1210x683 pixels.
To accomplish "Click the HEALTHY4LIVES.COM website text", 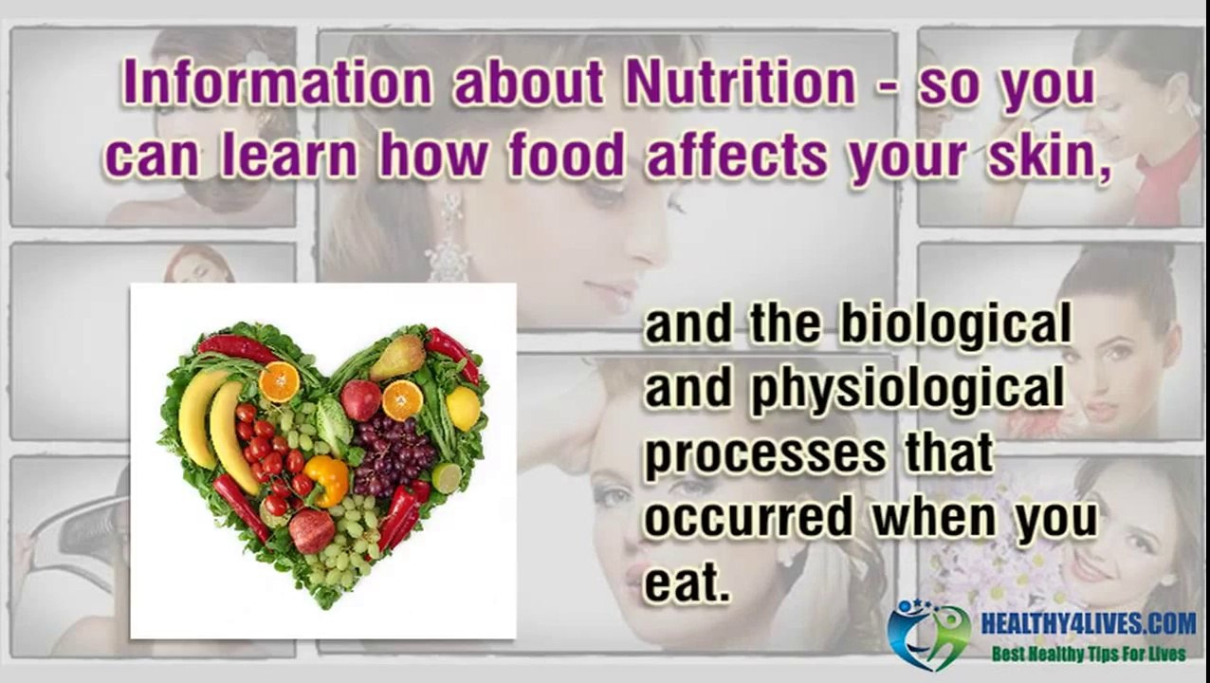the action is pyautogui.click(x=1088, y=623).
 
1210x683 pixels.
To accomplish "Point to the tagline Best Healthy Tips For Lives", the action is pyautogui.click(x=1088, y=655).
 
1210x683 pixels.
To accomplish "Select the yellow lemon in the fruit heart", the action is pyautogui.click(x=463, y=408).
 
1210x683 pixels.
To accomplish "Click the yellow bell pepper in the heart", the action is pyautogui.click(x=327, y=479).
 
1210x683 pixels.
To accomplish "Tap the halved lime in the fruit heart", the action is pyautogui.click(x=447, y=478).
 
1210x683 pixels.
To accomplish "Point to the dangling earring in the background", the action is pyautogui.click(x=449, y=243).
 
